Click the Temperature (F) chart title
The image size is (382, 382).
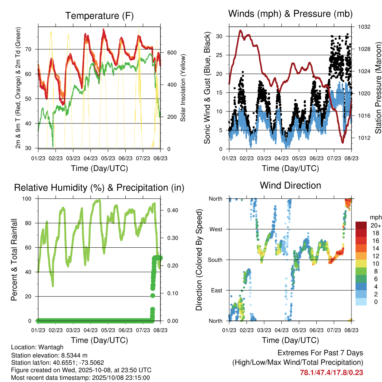[x=99, y=16]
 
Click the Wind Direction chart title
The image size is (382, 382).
[x=290, y=185]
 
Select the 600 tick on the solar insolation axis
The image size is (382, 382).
[x=172, y=53]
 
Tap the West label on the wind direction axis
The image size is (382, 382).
[x=216, y=229]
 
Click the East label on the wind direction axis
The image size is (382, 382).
[x=216, y=290]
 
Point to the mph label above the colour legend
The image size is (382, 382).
[x=375, y=217]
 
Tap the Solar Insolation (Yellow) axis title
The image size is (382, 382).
[x=183, y=87]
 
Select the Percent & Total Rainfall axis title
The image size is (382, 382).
[x=14, y=260]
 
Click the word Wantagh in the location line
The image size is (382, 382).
[x=47, y=347]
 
